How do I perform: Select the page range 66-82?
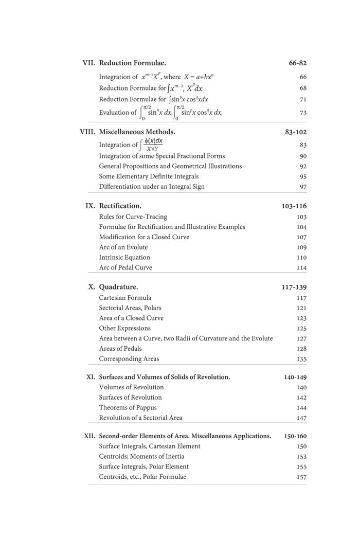[x=298, y=63]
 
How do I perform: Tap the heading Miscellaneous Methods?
[x=137, y=132]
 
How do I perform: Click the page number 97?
[x=303, y=187]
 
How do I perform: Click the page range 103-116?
[x=294, y=206]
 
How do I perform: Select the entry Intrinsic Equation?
[x=124, y=258]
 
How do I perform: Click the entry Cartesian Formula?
[x=125, y=298]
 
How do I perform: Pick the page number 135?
[x=301, y=359]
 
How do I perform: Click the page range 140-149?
[x=295, y=377]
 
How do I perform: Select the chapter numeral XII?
[x=90, y=436]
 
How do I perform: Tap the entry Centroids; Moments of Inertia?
[x=141, y=457]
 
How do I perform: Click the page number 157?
[x=301, y=477]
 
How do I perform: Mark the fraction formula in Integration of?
[x=152, y=145]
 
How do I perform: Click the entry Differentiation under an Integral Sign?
[x=152, y=187]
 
